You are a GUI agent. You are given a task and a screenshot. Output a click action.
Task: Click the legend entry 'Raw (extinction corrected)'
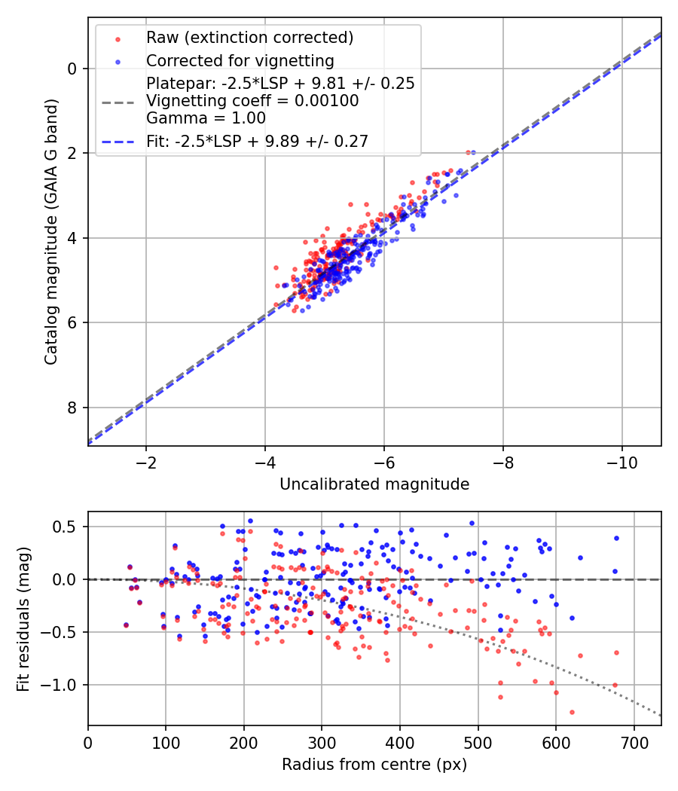[x=249, y=37]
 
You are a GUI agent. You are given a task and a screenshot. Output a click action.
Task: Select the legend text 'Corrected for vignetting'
[x=240, y=60]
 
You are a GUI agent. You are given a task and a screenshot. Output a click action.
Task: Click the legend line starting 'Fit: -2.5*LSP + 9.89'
[x=257, y=141]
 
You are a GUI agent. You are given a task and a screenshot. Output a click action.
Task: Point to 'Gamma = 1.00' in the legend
[x=206, y=118]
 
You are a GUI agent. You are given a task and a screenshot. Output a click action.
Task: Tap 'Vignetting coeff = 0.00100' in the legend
[x=252, y=100]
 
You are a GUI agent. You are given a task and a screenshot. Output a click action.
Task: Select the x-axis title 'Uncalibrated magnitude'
[x=374, y=484]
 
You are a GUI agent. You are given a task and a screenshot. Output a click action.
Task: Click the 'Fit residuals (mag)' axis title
[x=23, y=618]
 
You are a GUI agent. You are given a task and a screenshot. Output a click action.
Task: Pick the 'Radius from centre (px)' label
[x=374, y=765]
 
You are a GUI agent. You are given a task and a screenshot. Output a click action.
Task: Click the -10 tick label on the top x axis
[x=621, y=461]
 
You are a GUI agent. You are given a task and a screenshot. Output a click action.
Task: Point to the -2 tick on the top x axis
[x=145, y=461]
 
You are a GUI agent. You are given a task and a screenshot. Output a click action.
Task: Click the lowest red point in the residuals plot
[x=572, y=712]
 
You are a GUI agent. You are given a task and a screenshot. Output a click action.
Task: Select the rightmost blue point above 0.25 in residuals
[x=616, y=538]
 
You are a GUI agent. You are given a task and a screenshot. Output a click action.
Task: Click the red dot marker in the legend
[x=118, y=38]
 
